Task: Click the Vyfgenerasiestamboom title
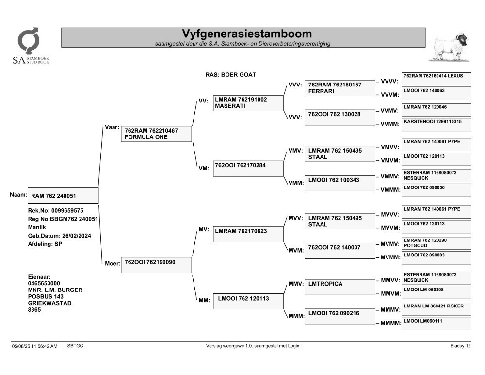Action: click(x=247, y=34)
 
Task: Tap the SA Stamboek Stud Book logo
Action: click(x=31, y=46)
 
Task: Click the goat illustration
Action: click(x=450, y=47)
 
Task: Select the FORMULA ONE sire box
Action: click(x=156, y=134)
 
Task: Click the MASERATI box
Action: click(x=248, y=103)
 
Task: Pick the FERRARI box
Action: click(x=339, y=88)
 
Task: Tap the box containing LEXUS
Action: click(x=436, y=79)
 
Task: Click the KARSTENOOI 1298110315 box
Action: click(x=436, y=124)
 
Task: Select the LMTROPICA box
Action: click(x=339, y=287)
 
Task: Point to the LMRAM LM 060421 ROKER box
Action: click(x=436, y=309)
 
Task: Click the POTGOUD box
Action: click(x=436, y=243)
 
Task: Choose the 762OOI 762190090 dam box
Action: click(x=156, y=265)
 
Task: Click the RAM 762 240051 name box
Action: click(x=63, y=196)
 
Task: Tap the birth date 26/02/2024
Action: click(x=77, y=236)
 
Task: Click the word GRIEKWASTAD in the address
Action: click(x=49, y=303)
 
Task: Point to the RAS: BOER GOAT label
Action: click(x=231, y=75)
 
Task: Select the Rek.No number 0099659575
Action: click(x=67, y=211)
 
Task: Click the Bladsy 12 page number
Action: click(x=460, y=346)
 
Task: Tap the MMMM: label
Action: click(x=390, y=323)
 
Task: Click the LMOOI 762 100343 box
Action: click(x=339, y=183)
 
